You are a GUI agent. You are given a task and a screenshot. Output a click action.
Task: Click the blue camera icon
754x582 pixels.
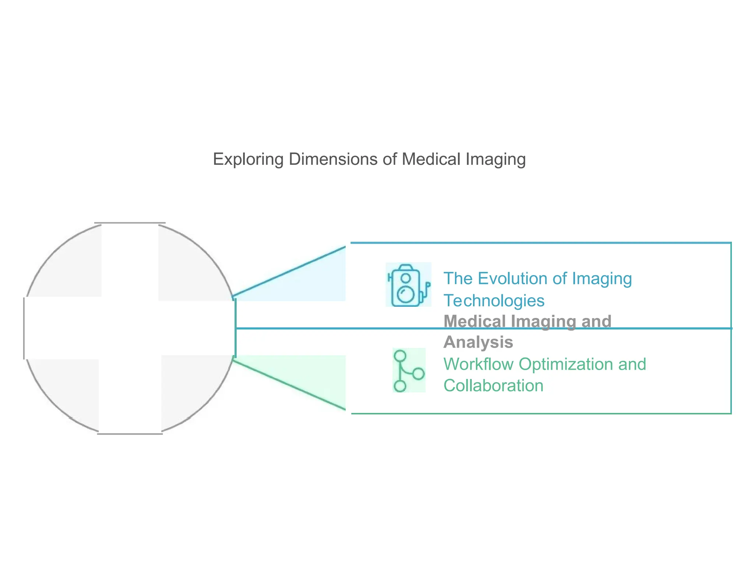tap(408, 285)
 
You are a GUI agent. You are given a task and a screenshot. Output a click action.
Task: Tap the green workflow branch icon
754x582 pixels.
tap(409, 370)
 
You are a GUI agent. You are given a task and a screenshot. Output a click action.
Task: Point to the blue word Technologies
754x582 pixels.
tap(494, 301)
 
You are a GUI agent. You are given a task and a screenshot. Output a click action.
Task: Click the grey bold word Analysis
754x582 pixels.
tap(478, 342)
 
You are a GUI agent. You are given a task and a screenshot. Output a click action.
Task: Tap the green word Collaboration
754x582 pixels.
tap(493, 386)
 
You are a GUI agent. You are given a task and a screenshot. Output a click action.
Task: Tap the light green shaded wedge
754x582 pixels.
tap(313, 375)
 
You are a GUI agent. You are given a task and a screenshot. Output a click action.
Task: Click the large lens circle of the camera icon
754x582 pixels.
tap(405, 294)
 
